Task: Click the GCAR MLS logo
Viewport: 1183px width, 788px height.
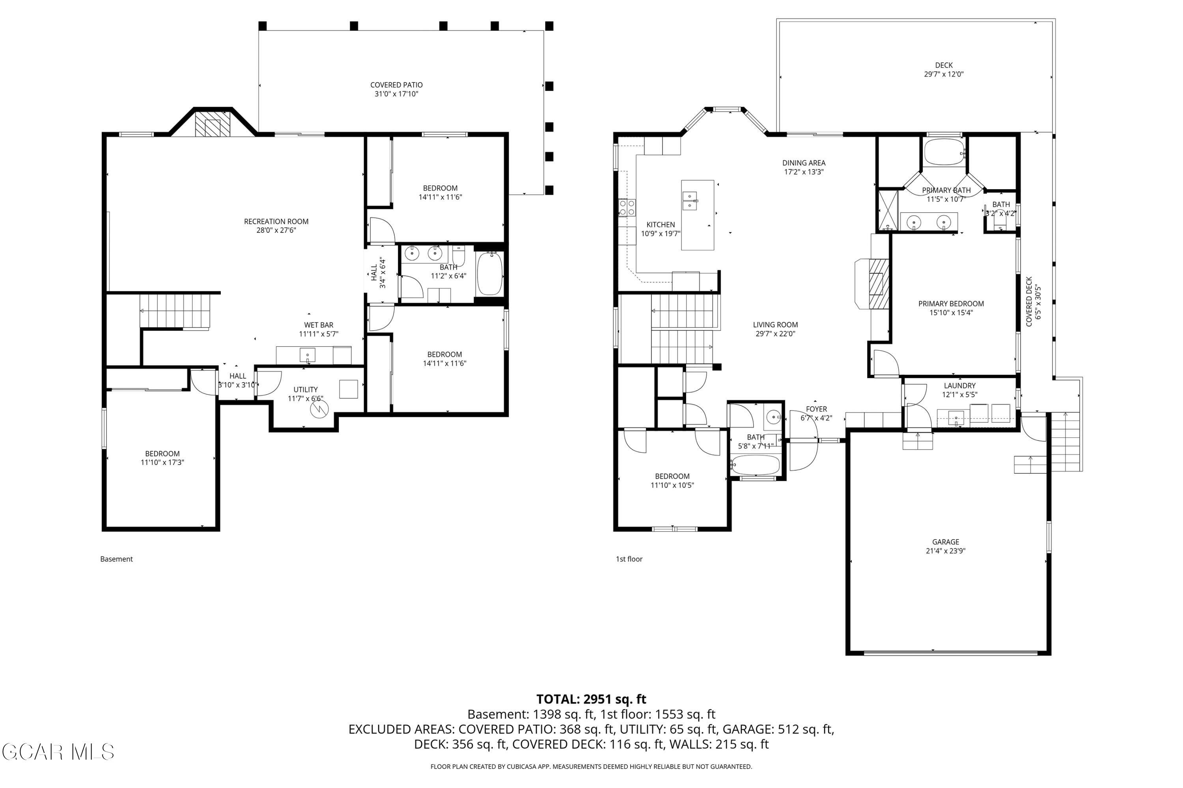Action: pos(58,752)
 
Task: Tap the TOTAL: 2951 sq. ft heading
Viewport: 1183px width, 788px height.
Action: pos(591,699)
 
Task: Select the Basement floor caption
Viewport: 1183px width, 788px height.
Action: pos(116,559)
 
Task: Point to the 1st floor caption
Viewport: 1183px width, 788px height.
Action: pos(629,559)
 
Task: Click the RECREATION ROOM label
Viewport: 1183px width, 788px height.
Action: pos(276,221)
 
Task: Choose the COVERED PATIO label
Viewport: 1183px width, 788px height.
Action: pos(396,85)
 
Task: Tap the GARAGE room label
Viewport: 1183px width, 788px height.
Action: pos(946,542)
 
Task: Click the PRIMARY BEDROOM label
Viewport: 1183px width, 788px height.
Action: pos(951,303)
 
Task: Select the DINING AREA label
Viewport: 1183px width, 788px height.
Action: pos(804,163)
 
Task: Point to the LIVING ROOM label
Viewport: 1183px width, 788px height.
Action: pos(775,325)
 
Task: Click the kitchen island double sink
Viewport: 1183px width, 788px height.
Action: pos(690,201)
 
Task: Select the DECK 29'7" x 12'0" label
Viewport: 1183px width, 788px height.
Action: pos(944,70)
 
